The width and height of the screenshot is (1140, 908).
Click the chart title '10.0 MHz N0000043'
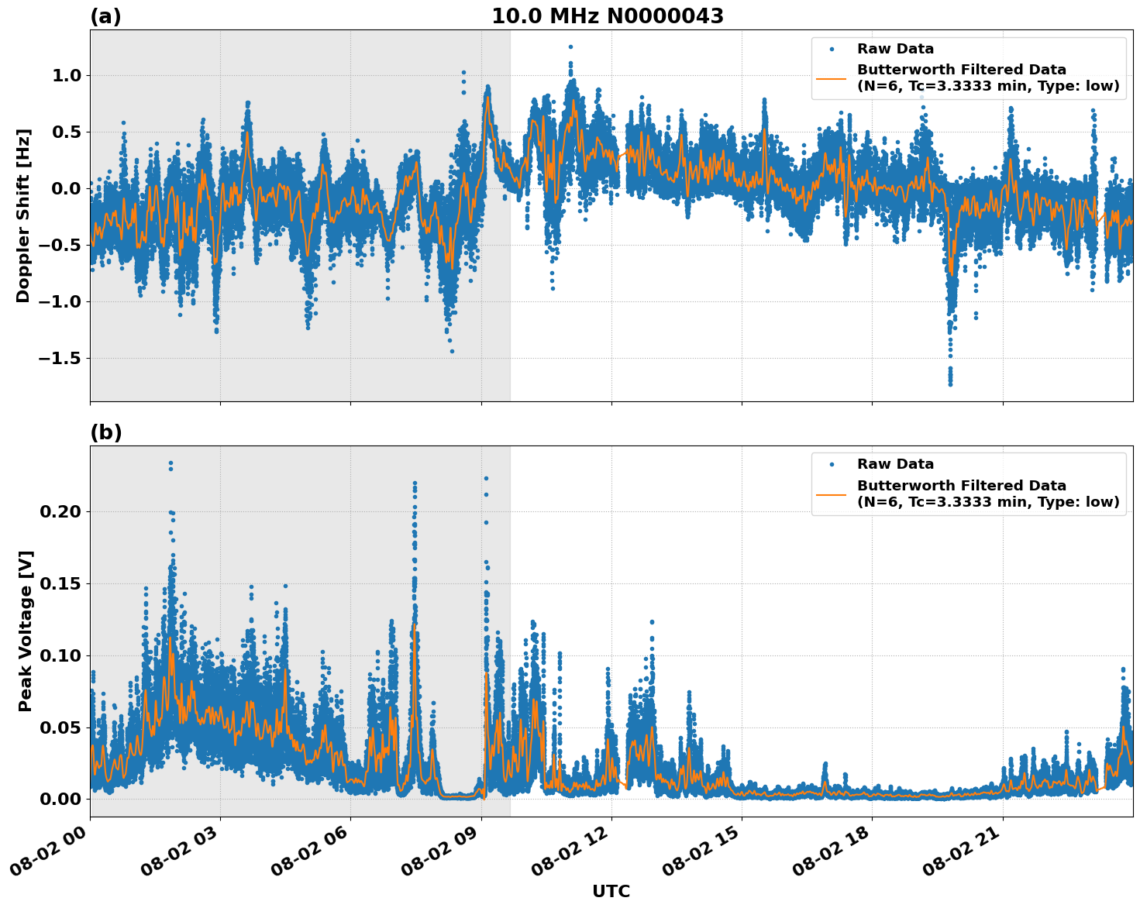pos(607,16)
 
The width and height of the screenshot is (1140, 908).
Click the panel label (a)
pos(105,16)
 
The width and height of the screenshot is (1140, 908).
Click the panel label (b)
pos(105,432)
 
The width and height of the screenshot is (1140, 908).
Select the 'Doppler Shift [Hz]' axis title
pos(23,215)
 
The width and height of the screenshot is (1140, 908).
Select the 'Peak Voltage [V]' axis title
pos(26,631)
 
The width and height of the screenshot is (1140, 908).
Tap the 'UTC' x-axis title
pos(611,891)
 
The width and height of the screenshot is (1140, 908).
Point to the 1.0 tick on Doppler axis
pos(67,75)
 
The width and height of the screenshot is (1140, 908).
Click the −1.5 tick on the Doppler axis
pos(61,358)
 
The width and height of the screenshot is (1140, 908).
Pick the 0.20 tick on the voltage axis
pos(60,511)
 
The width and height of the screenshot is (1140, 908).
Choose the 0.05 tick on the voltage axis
pos(60,727)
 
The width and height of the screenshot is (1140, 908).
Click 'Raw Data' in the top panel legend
pos(895,49)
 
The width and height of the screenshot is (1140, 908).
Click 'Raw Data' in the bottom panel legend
pos(895,464)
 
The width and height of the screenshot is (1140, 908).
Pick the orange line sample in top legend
pos(832,77)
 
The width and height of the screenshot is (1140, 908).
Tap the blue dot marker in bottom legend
pos(832,464)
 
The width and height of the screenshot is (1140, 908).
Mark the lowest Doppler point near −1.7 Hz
pos(950,383)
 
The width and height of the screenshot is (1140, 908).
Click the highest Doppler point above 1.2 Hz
pos(570,46)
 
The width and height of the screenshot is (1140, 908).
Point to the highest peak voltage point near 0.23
pos(170,463)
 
